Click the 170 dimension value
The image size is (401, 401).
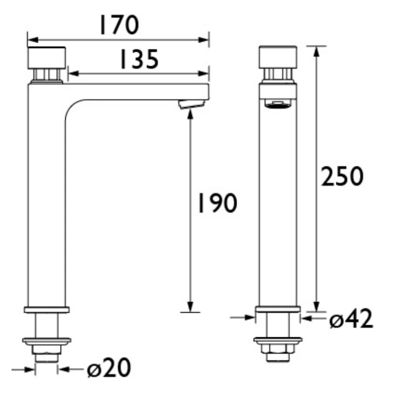118,25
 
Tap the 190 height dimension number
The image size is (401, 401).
215,203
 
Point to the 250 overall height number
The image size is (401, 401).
342,176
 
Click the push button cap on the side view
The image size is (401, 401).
47,58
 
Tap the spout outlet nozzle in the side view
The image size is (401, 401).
191,104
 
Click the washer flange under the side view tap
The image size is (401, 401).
47,341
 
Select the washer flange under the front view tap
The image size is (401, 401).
278,340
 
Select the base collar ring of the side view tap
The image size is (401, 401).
47,310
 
